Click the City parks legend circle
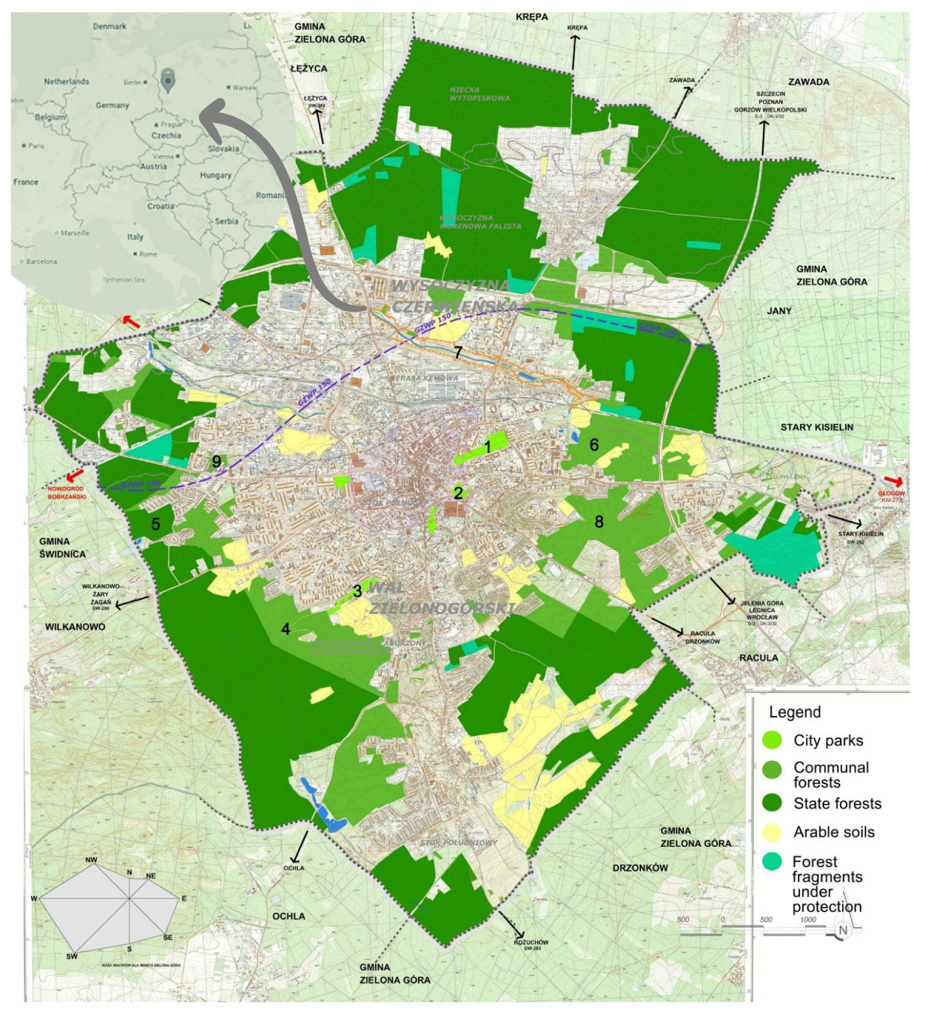point(772,740)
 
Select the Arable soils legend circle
point(772,832)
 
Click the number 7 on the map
point(458,352)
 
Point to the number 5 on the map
point(156,524)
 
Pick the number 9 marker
point(216,462)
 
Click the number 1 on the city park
point(487,447)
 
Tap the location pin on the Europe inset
point(167,80)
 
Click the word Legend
point(795,712)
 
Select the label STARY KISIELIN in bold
point(817,428)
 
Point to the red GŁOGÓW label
point(891,497)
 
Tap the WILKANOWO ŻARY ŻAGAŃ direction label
point(101,597)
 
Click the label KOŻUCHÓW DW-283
point(531,946)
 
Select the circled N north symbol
point(842,930)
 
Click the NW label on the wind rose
point(92,860)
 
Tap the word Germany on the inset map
point(112,105)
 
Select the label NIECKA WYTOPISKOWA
point(479,94)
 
